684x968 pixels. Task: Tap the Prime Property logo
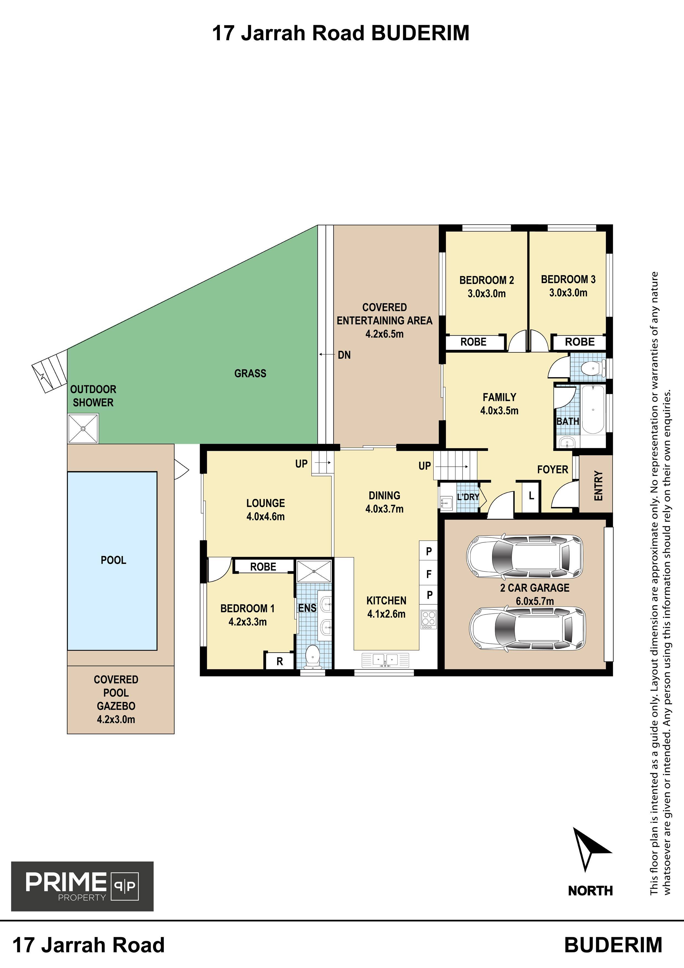(x=82, y=886)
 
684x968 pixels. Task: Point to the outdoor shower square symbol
(x=83, y=428)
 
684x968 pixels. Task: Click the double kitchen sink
(x=385, y=660)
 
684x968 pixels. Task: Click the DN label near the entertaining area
(x=344, y=355)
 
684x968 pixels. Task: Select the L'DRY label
(x=468, y=497)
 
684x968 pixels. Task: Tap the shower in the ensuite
(x=314, y=571)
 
